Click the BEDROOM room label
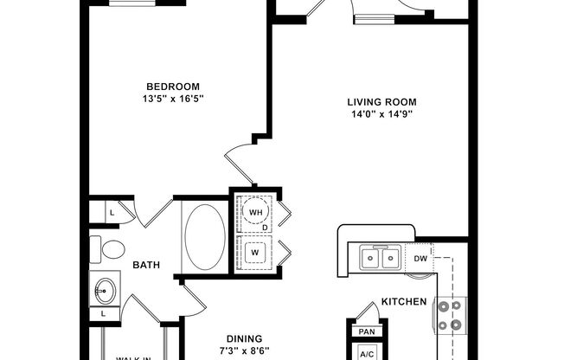coord(173,86)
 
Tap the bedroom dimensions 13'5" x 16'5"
coord(173,99)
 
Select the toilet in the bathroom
coord(107,250)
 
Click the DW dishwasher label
coord(420,258)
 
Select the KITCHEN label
coord(403,302)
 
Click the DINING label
coord(245,338)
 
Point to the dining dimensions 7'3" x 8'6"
coord(245,351)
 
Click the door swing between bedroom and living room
coord(240,167)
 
